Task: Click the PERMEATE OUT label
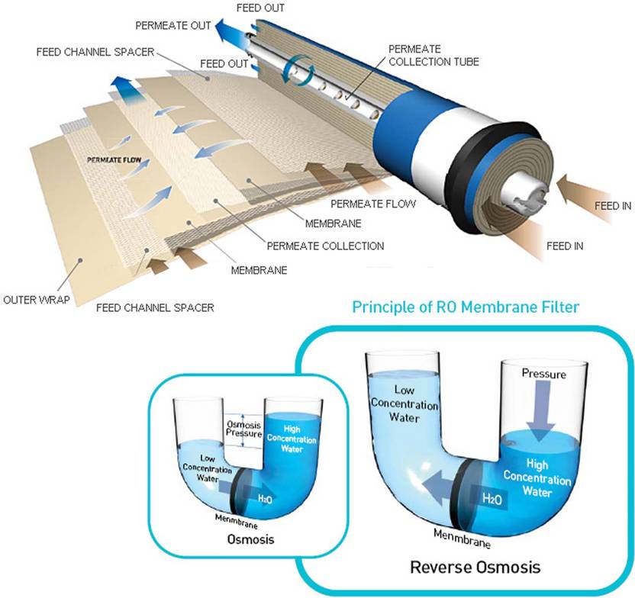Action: (x=172, y=25)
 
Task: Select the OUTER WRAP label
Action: (x=36, y=300)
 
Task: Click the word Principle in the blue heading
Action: (x=385, y=307)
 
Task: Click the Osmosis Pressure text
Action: (x=239, y=430)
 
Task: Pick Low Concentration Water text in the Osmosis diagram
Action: (x=201, y=469)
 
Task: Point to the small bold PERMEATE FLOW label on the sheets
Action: (x=114, y=160)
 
